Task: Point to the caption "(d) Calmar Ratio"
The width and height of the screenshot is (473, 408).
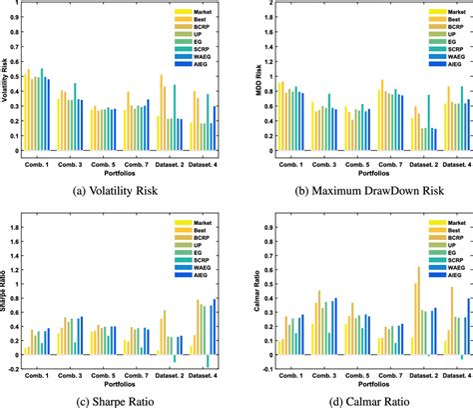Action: click(x=354, y=401)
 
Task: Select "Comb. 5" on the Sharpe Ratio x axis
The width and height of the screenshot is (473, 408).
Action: click(x=106, y=372)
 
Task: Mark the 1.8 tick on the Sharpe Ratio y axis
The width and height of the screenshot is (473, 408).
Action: click(x=19, y=226)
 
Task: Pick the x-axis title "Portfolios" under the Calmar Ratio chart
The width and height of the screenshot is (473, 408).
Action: click(x=354, y=382)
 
